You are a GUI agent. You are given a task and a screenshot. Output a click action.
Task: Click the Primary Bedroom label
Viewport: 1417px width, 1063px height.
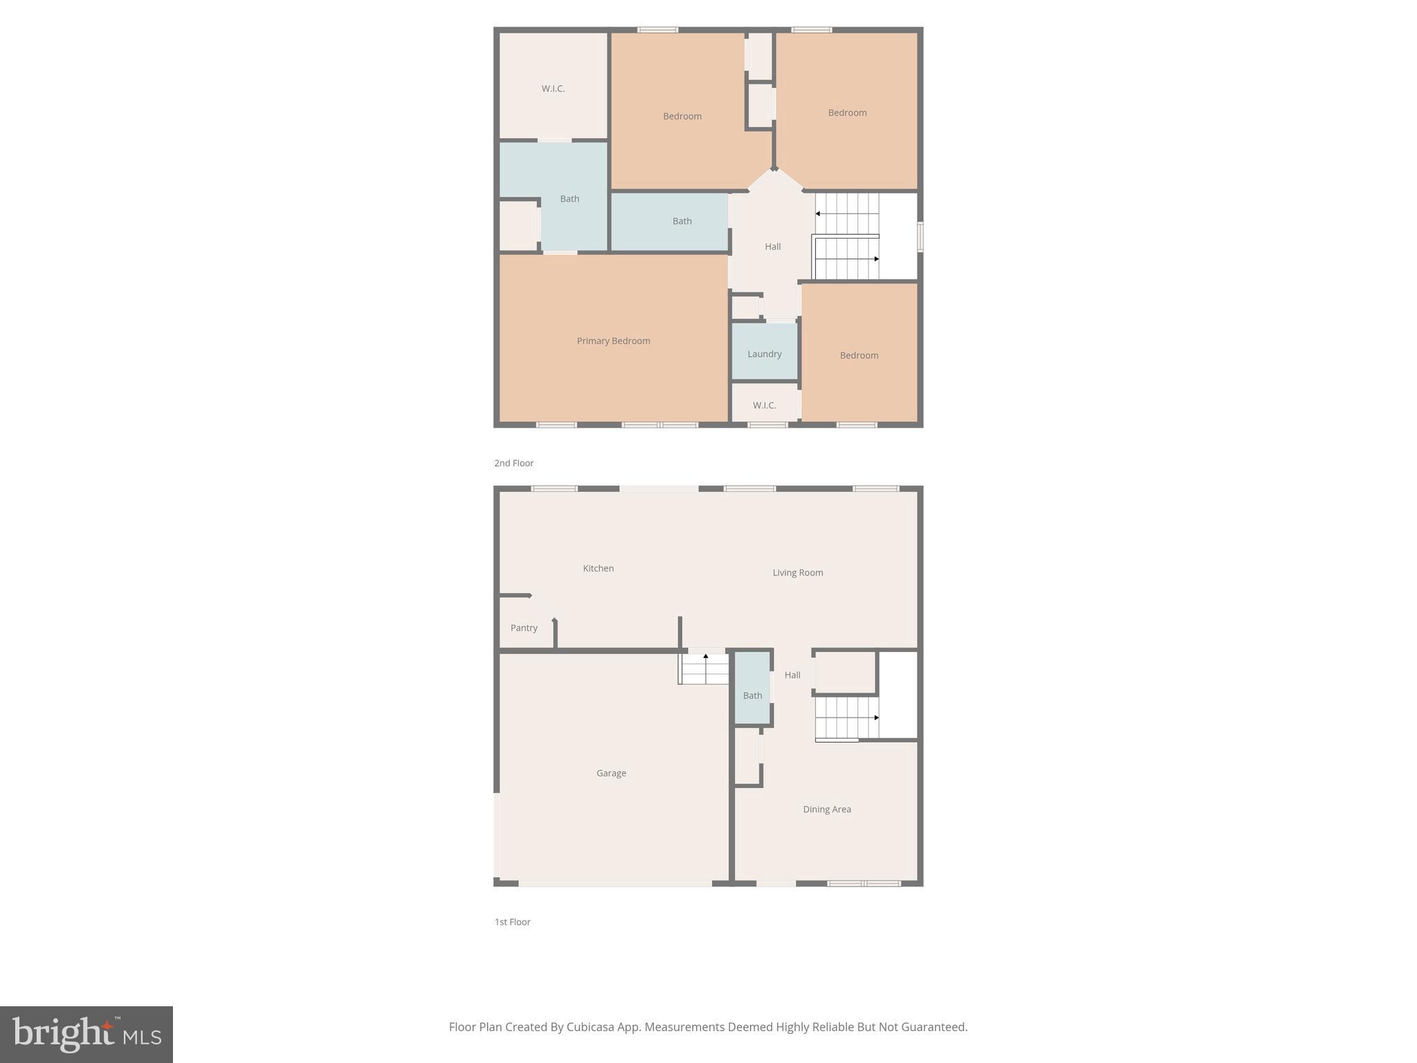613,340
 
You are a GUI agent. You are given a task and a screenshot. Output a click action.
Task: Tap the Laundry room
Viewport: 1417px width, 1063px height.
764,354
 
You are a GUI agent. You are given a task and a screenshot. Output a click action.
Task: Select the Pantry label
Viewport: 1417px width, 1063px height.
524,628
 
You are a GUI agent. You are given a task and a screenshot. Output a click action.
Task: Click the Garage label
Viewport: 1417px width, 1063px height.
611,773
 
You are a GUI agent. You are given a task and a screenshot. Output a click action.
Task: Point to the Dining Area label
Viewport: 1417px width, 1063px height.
827,809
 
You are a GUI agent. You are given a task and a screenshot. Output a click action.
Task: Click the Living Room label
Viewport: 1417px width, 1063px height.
797,572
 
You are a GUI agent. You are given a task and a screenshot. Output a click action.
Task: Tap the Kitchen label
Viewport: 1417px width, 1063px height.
598,568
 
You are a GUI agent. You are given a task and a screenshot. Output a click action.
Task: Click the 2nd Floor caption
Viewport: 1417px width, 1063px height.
513,463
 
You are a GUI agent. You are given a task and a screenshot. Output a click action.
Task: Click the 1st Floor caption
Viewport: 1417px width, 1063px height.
512,922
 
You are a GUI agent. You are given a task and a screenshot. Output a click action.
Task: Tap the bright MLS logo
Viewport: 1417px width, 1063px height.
86,1035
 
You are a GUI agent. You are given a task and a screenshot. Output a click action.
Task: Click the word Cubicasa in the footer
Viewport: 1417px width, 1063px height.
591,1027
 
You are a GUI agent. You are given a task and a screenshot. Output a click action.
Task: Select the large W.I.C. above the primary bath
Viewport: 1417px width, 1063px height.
553,89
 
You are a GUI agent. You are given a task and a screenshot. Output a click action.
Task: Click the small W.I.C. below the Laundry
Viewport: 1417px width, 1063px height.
764,406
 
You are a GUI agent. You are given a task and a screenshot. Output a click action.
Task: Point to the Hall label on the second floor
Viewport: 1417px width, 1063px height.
772,246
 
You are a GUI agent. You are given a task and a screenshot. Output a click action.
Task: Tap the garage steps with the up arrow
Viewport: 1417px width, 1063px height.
704,669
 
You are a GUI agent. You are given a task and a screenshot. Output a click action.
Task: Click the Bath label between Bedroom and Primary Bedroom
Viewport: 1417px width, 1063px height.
682,221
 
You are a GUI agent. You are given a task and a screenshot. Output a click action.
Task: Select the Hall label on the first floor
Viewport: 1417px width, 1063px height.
792,675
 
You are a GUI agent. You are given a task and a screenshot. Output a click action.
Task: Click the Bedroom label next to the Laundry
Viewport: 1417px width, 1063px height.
859,355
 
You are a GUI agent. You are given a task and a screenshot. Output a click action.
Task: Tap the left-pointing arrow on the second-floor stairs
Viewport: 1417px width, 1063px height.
818,214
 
